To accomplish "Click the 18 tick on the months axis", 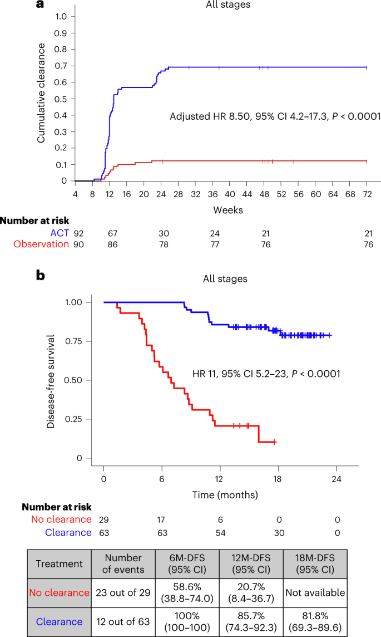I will (278, 479).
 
